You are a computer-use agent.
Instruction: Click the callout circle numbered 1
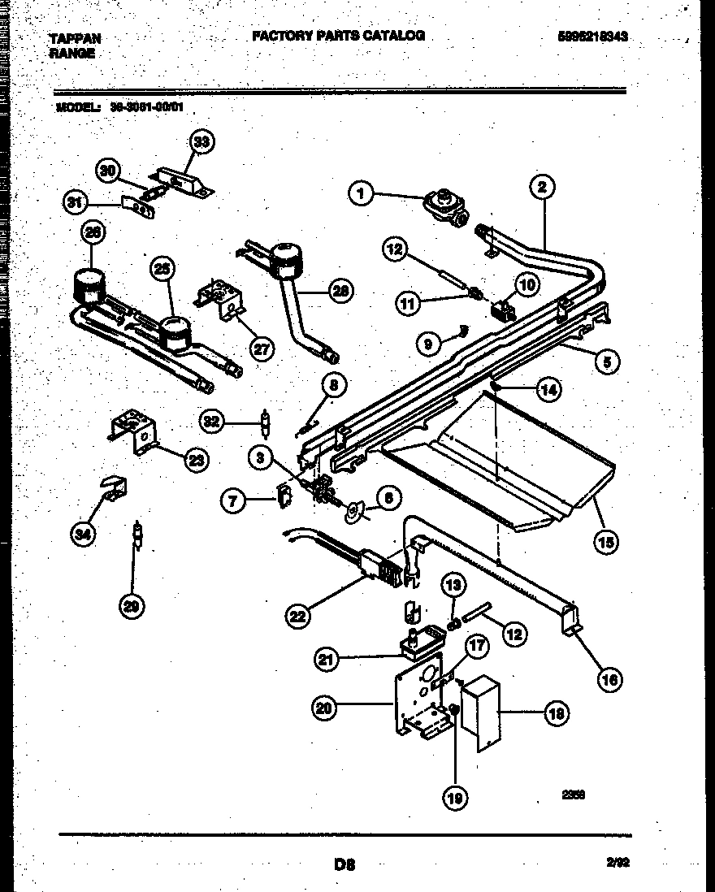pos(362,193)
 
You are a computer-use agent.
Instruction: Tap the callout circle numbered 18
pos(557,713)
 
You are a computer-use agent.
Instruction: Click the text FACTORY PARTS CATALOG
pos(338,36)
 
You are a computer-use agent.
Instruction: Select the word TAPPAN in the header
pos(76,38)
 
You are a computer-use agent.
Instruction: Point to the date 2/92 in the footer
pos(619,865)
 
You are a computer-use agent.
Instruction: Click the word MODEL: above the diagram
pos(78,106)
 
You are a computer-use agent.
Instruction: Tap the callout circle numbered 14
pos(549,389)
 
